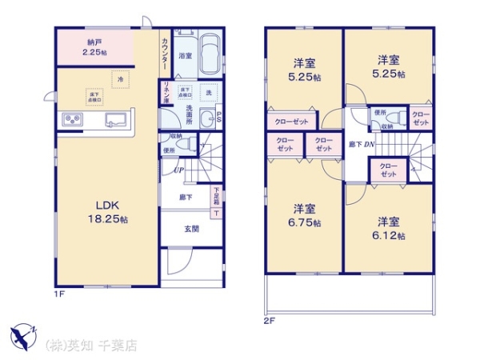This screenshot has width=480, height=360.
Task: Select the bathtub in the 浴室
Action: (212, 54)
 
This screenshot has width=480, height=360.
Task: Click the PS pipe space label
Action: (219, 118)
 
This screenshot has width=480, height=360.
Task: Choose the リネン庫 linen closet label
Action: (166, 93)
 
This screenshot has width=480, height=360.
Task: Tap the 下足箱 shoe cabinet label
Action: (217, 195)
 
